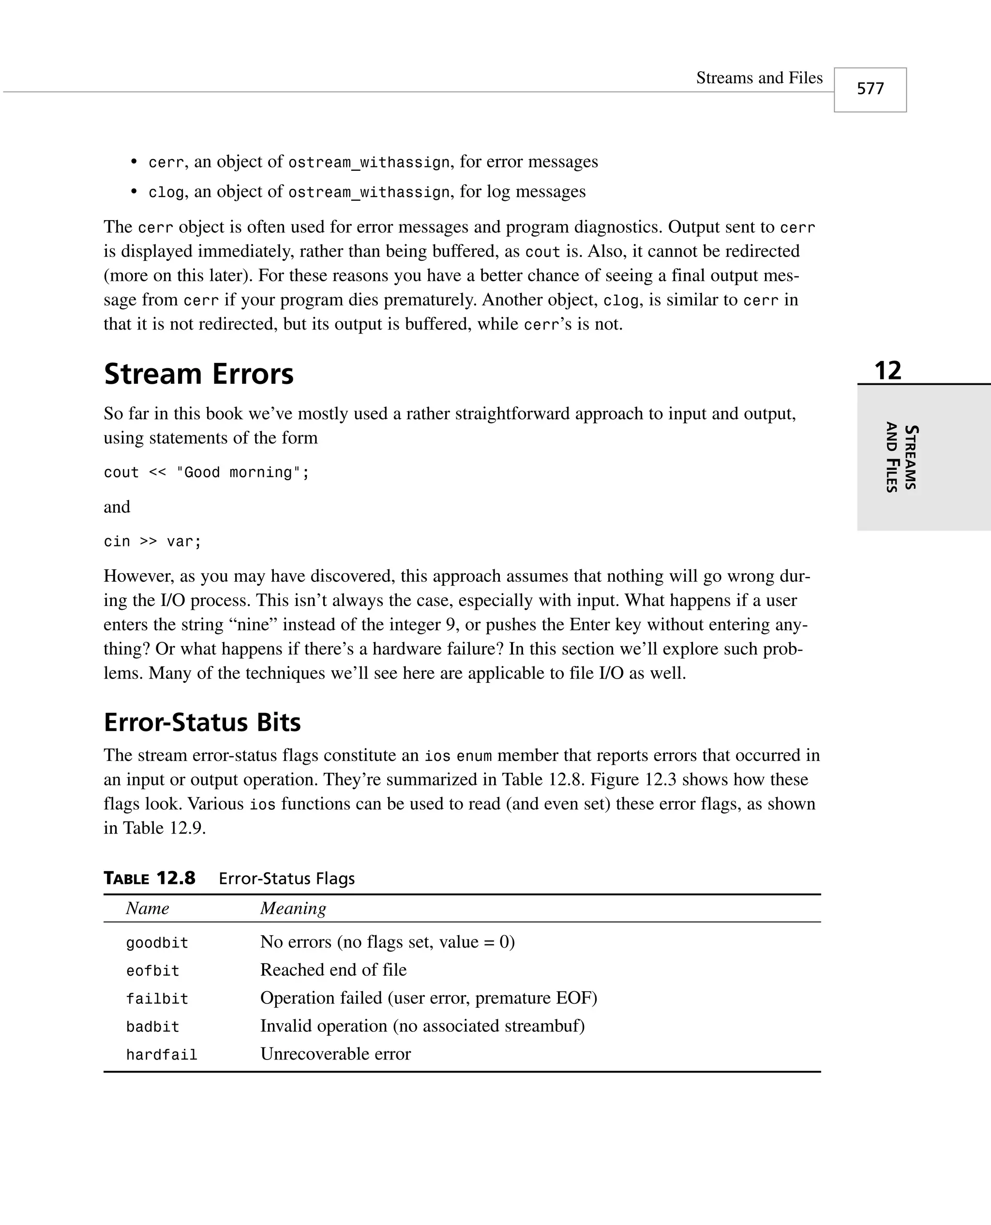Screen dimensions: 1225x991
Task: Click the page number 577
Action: [870, 89]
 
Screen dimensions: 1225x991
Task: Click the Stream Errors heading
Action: [199, 375]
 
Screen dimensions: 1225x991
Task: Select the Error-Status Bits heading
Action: [202, 722]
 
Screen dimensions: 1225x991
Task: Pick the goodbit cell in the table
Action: [157, 942]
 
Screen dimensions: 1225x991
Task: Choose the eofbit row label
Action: [152, 970]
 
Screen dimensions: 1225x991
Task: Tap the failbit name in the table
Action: [157, 998]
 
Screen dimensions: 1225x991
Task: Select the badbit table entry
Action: [152, 1027]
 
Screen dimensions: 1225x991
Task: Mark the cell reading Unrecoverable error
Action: [336, 1054]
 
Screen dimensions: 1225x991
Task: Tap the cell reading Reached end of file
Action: [333, 970]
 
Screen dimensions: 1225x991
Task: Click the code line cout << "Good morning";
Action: [206, 473]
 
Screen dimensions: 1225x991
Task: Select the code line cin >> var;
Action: [152, 541]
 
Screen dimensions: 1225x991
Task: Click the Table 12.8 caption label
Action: [150, 878]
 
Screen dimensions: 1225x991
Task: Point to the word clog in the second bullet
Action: [166, 192]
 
